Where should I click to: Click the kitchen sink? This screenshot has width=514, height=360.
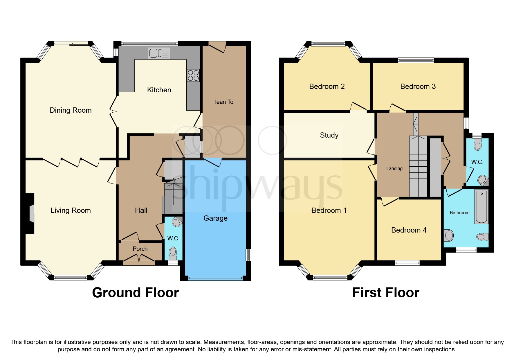[159, 53]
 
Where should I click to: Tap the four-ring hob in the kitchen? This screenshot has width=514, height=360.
[193, 75]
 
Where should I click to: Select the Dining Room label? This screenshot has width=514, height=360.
[71, 110]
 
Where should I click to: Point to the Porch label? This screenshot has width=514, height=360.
[140, 249]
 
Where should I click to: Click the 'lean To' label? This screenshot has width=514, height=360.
[224, 102]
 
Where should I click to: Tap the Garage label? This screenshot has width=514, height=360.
[215, 218]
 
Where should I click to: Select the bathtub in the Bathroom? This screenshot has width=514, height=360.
[481, 206]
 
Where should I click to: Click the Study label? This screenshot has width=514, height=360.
[329, 135]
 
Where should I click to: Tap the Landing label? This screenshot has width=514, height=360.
[394, 169]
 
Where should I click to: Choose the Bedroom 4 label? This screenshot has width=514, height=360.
[409, 230]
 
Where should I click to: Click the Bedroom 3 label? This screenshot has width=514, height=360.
[418, 87]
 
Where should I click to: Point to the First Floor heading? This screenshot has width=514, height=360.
[385, 293]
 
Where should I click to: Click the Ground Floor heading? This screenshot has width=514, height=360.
[135, 293]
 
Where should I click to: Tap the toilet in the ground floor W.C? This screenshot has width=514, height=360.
[173, 253]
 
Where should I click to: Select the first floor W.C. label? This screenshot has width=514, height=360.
[477, 162]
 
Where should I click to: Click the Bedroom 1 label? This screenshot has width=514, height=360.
[329, 210]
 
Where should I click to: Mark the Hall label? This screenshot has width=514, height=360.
[141, 210]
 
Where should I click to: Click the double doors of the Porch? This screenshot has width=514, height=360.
[139, 258]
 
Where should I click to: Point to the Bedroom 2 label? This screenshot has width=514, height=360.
[327, 87]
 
